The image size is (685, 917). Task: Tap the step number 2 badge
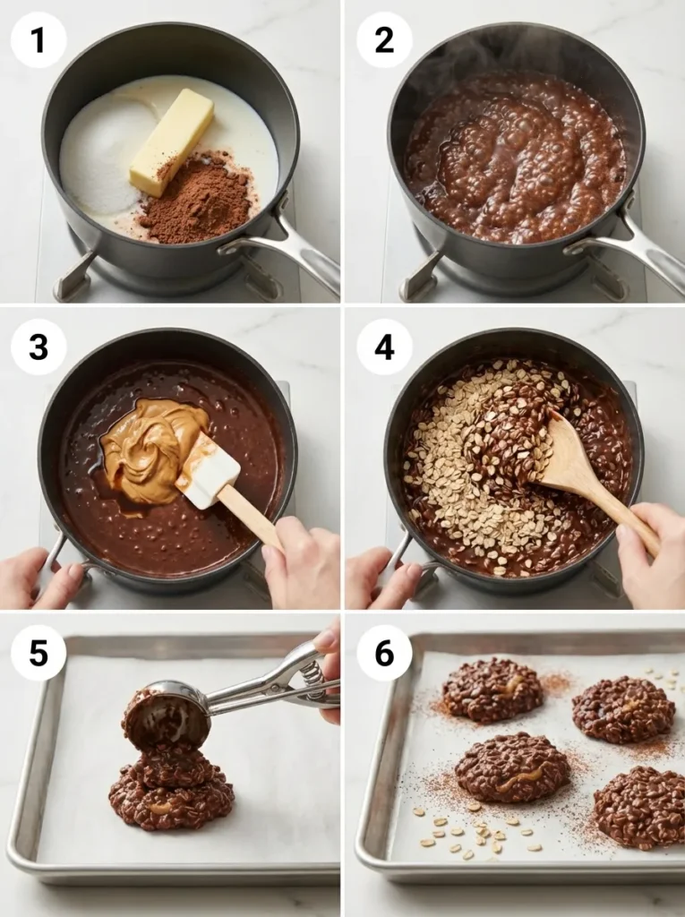click(x=384, y=39)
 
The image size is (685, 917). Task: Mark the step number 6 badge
click(x=384, y=653)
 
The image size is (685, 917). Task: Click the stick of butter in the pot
click(x=172, y=141)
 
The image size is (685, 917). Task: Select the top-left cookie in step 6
click(x=492, y=690)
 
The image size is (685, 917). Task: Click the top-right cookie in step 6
click(x=623, y=708)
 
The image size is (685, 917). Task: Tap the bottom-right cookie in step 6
click(x=639, y=805)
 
